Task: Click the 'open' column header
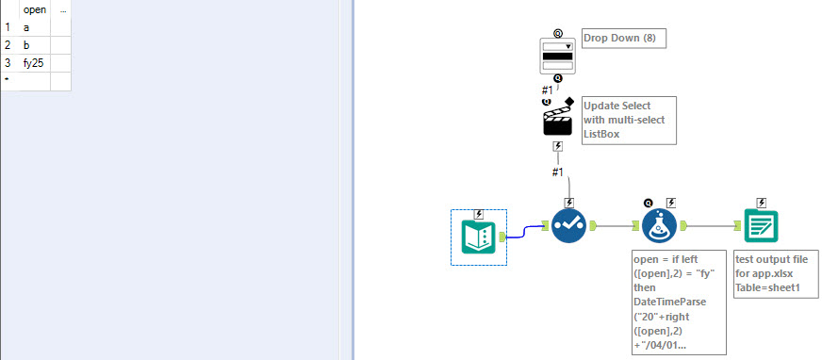click(34, 9)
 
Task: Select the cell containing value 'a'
click(34, 27)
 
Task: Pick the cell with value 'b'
click(34, 44)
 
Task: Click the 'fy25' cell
click(34, 62)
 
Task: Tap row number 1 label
click(8, 27)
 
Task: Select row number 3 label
click(8, 62)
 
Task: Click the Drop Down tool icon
click(557, 55)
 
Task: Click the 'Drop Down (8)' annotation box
click(624, 39)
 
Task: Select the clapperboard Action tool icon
click(558, 119)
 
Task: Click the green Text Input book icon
click(479, 235)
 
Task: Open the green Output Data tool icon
click(760, 227)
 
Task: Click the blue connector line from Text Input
click(525, 232)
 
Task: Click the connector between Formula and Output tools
click(712, 226)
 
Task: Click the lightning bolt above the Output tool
click(761, 202)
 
